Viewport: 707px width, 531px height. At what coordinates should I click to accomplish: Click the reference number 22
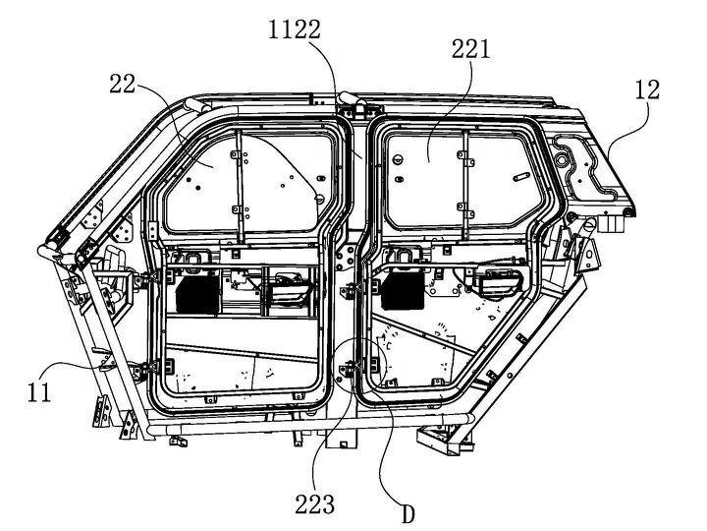click(123, 84)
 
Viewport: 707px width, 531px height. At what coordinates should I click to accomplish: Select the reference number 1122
click(295, 30)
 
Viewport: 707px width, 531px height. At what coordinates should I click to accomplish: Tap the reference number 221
click(471, 49)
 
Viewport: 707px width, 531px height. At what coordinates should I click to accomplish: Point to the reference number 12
click(647, 89)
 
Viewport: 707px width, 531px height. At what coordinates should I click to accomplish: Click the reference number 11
click(39, 391)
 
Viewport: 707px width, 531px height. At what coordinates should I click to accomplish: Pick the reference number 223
click(315, 503)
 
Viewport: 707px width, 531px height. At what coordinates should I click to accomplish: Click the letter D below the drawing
click(408, 514)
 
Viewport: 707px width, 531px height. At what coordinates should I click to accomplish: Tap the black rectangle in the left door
click(197, 294)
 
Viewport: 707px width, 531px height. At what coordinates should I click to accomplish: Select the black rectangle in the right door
click(403, 291)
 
